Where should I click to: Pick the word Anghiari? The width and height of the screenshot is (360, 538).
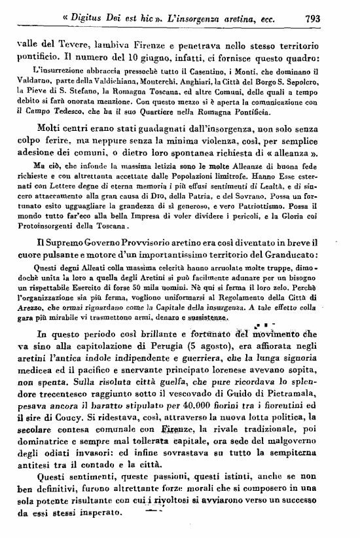[189, 80]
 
